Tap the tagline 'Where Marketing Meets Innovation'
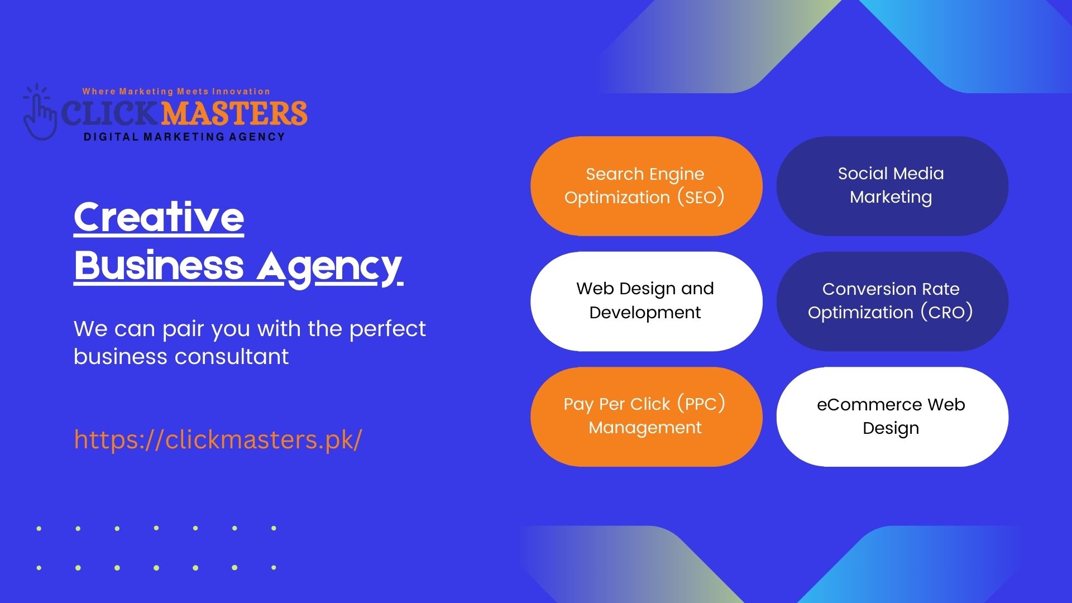[x=176, y=92]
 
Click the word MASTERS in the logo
[x=234, y=113]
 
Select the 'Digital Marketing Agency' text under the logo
[x=184, y=137]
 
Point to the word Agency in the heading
[x=329, y=268]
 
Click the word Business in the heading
[x=159, y=265]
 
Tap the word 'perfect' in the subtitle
[x=387, y=330]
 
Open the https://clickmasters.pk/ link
[x=218, y=439]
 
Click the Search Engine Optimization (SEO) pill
[x=647, y=186]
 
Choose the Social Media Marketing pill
[x=892, y=186]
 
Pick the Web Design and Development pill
[x=647, y=301]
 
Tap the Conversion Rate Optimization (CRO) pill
[x=892, y=301]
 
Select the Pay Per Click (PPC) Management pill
[x=647, y=417]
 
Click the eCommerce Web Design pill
[x=892, y=417]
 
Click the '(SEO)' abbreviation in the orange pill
[x=701, y=197]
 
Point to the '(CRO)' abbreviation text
[x=947, y=312]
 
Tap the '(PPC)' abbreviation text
[x=701, y=404]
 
